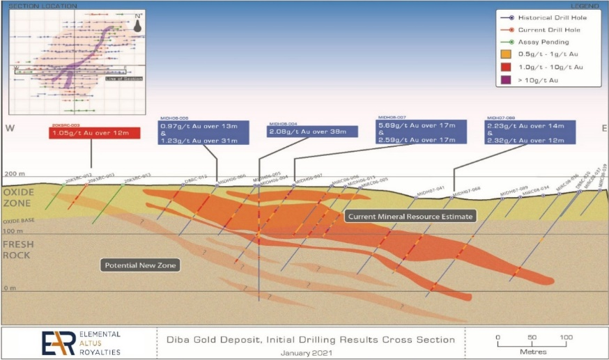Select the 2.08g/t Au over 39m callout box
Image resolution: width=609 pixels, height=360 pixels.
(x=302, y=132)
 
